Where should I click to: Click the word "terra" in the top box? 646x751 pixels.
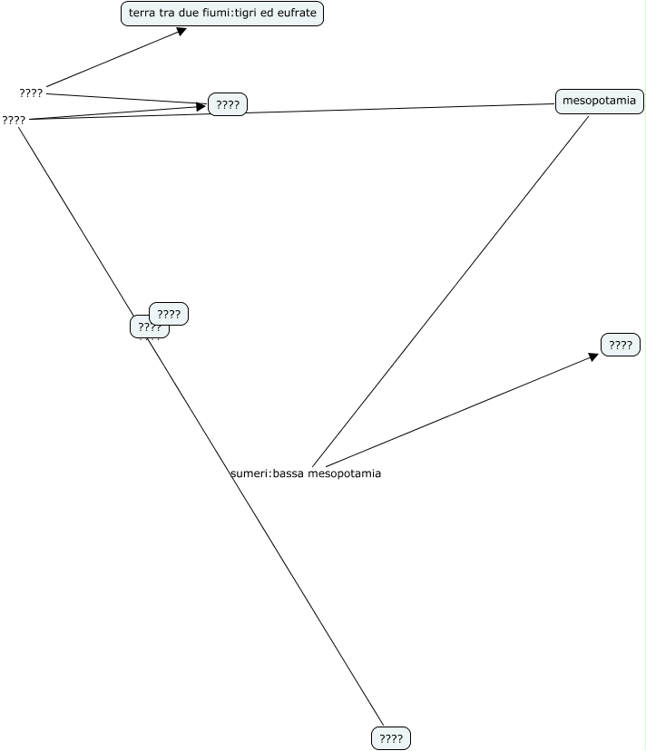point(142,14)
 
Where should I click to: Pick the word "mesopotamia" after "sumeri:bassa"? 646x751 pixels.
point(345,473)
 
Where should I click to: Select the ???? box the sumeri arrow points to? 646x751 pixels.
point(621,345)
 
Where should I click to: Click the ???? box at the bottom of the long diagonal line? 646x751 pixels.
point(391,738)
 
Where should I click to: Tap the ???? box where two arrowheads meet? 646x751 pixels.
point(228,104)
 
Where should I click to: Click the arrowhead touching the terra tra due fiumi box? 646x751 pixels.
point(181,31)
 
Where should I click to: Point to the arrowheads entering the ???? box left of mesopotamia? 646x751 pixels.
point(201,106)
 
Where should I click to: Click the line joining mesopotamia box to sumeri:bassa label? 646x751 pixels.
point(454,286)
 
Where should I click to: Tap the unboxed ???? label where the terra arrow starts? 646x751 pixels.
point(31,93)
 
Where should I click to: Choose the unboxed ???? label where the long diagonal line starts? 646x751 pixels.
point(14,120)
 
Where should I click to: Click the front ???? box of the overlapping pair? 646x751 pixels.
point(169,314)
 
